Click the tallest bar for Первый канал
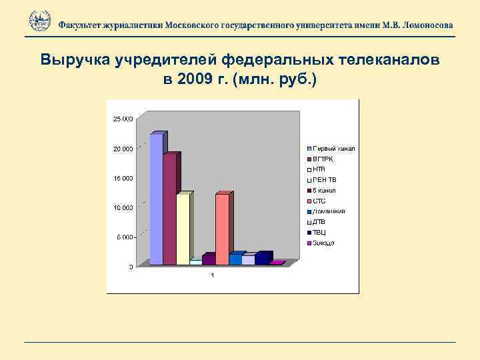tap(157, 200)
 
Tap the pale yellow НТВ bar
tap(183, 229)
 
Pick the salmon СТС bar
tap(222, 229)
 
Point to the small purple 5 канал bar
tap(209, 260)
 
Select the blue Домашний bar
tap(235, 259)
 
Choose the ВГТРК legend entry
tap(324, 159)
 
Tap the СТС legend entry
tap(320, 201)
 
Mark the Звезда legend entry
tap(324, 243)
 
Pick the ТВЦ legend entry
tap(320, 232)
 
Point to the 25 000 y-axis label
tap(123, 119)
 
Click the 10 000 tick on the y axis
tap(123, 207)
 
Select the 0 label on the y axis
tap(131, 267)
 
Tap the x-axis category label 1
tap(212, 276)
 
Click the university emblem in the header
tap(40, 21)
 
